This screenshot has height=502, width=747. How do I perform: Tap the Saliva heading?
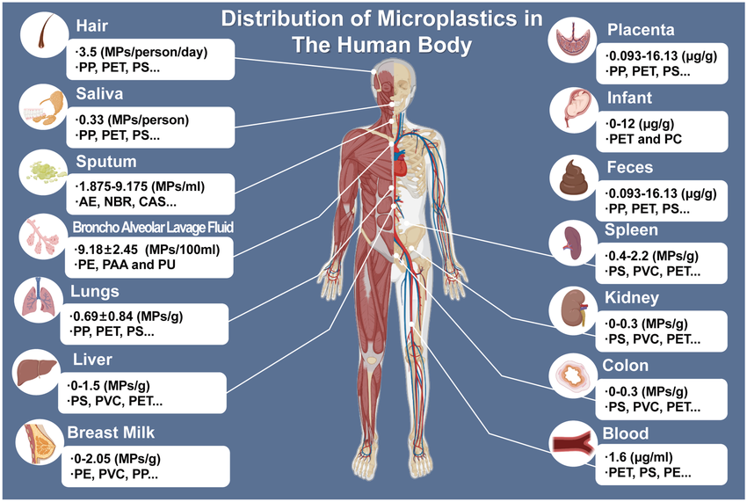tap(99, 93)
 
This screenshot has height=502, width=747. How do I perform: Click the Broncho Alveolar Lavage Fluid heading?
tap(153, 227)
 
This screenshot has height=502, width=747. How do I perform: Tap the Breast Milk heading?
tap(111, 433)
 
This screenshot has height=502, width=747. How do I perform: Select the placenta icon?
tap(573, 40)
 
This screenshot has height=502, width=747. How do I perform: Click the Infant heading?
tap(629, 98)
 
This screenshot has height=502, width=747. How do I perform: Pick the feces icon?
tap(574, 177)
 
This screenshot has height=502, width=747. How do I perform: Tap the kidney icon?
tap(574, 309)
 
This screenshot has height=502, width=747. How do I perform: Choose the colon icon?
tap(573, 376)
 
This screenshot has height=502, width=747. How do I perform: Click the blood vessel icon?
tap(573, 444)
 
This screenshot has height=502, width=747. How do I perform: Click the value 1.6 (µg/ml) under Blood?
tap(641, 457)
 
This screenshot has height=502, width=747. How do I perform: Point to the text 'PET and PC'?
tap(646, 139)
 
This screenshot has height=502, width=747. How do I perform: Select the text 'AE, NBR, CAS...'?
tap(127, 201)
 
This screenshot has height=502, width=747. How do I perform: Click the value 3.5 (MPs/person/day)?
tap(142, 52)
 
